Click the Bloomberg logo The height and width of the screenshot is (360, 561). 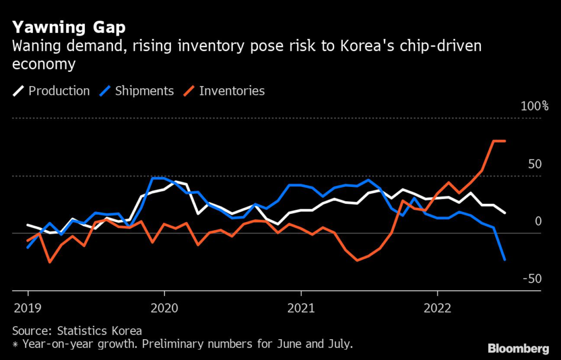(x=518, y=348)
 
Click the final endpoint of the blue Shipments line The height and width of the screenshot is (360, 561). (x=505, y=260)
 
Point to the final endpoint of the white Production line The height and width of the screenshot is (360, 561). (x=505, y=213)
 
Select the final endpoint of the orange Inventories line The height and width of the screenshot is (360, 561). (x=505, y=141)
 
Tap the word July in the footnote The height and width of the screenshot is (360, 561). (x=339, y=345)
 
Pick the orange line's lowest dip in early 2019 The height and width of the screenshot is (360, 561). (x=50, y=262)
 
